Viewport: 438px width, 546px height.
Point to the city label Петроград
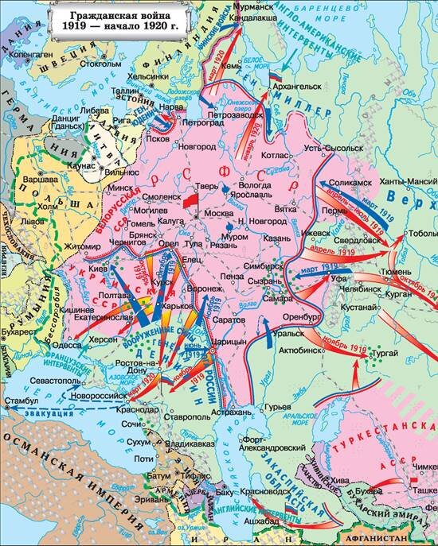[201, 124]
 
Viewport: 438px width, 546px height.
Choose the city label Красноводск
[259, 492]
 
